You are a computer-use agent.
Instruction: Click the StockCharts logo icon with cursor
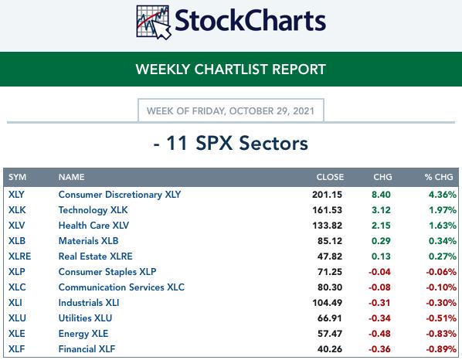pos(154,22)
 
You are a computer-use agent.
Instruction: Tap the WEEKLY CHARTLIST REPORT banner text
pos(231,70)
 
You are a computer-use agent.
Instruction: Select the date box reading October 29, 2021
pos(231,110)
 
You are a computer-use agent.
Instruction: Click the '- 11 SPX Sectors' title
pos(231,144)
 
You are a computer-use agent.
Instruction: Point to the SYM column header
pos(18,177)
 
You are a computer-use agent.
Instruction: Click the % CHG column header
pos(439,177)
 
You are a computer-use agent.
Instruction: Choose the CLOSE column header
pos(330,177)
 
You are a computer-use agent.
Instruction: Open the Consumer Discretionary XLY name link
pos(120,195)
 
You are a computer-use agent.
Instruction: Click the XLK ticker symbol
pos(17,210)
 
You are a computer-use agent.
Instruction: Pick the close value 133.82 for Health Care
pos(328,226)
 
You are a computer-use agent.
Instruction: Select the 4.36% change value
pos(443,195)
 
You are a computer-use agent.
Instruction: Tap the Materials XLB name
pos(88,241)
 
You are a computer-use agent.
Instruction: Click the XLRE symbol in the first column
pos(20,256)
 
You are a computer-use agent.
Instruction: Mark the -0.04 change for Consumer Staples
pos(379,272)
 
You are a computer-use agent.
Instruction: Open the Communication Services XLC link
pos(121,287)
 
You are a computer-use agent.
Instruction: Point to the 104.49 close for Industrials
pos(328,303)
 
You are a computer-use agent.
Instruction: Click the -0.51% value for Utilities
pos(441,318)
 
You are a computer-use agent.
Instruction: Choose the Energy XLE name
pos(83,334)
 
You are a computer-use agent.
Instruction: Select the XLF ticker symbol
pos(17,349)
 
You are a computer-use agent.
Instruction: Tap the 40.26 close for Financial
pos(330,349)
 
